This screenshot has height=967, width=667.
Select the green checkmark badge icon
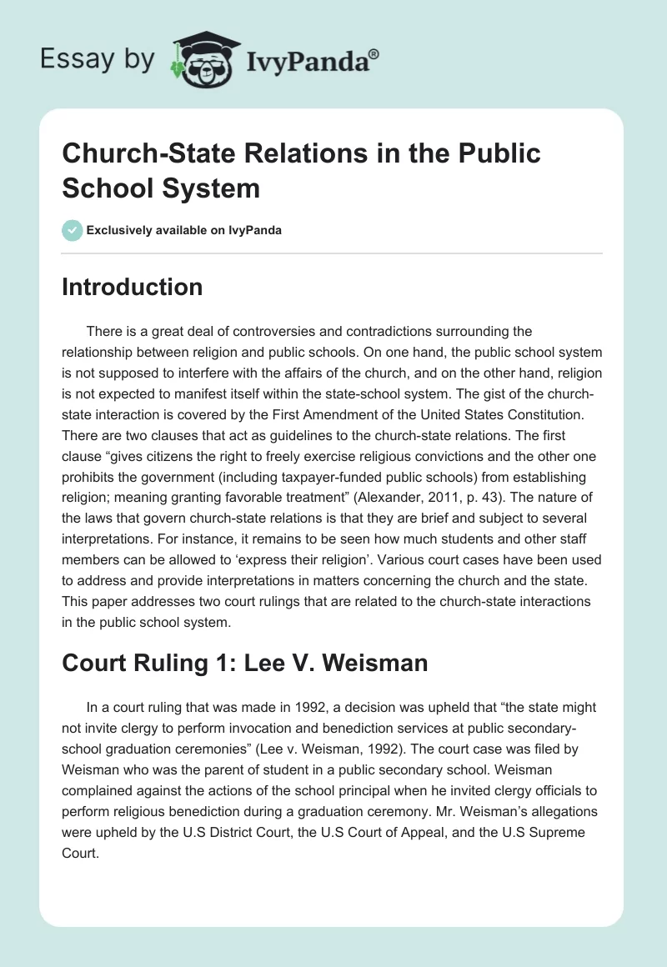pyautogui.click(x=72, y=230)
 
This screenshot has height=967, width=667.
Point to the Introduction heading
pyautogui.click(x=132, y=287)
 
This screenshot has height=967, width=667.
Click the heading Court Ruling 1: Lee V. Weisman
pyautogui.click(x=245, y=663)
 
